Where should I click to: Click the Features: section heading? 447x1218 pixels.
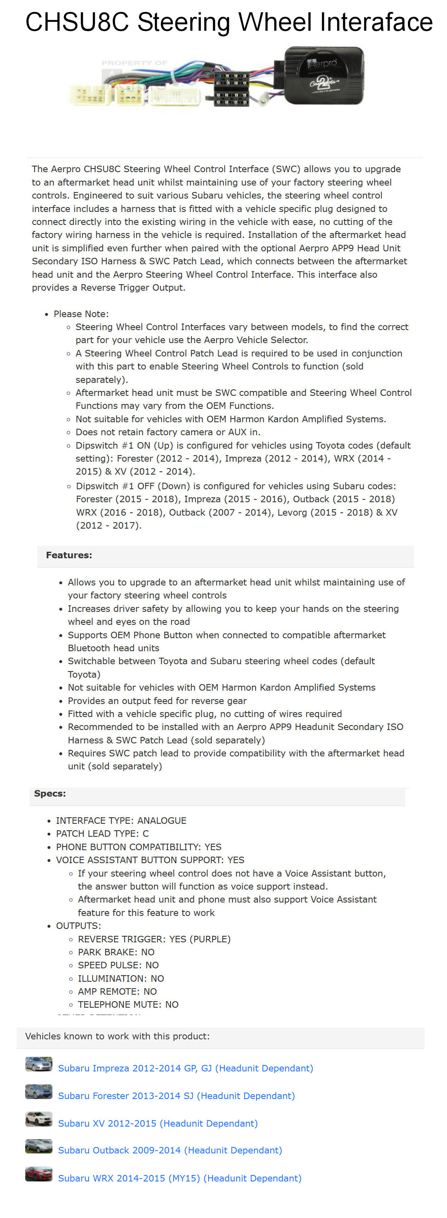[69, 555]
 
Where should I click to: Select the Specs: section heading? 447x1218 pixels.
[50, 793]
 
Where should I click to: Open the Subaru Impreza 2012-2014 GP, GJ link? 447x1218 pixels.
[185, 1068]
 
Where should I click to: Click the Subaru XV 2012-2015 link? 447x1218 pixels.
[158, 1123]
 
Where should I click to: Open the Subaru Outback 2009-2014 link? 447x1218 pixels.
[170, 1150]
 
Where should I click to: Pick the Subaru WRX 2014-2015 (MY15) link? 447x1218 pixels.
[179, 1178]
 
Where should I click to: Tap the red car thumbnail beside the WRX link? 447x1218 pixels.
[38, 1175]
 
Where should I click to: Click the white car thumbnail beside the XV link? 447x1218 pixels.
[38, 1119]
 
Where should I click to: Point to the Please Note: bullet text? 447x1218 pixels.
[81, 314]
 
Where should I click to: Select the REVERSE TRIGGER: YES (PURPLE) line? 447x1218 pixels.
[154, 939]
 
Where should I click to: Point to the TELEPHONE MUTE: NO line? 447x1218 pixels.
[128, 1004]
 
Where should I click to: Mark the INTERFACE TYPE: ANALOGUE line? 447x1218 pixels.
[121, 821]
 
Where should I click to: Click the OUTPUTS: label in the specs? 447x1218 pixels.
[78, 926]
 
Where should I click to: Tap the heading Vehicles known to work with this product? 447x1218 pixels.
[117, 1036]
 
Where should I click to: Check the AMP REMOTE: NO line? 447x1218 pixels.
[117, 991]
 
